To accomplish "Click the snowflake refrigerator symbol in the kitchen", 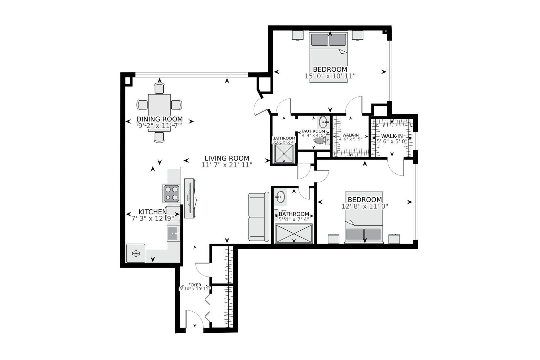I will click(136, 254).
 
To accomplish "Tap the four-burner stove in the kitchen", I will click(171, 193).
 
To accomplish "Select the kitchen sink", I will click(173, 233).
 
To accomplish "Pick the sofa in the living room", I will click(259, 217).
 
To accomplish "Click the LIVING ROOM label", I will click(227, 158).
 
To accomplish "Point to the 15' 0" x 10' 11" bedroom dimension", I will click(330, 76).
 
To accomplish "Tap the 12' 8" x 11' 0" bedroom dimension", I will click(365, 206).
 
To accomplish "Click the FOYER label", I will click(195, 285).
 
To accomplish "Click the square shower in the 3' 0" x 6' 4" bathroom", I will click(284, 154).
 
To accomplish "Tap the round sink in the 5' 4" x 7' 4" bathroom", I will click(280, 196).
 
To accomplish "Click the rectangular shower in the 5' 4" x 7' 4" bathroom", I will click(294, 233).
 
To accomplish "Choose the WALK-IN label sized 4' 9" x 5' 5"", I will click(350, 135).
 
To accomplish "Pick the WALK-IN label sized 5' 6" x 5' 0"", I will click(392, 136).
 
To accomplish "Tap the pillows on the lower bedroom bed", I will click(364, 234).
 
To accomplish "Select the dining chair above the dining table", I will click(159, 88).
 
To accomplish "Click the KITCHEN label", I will click(152, 212).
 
